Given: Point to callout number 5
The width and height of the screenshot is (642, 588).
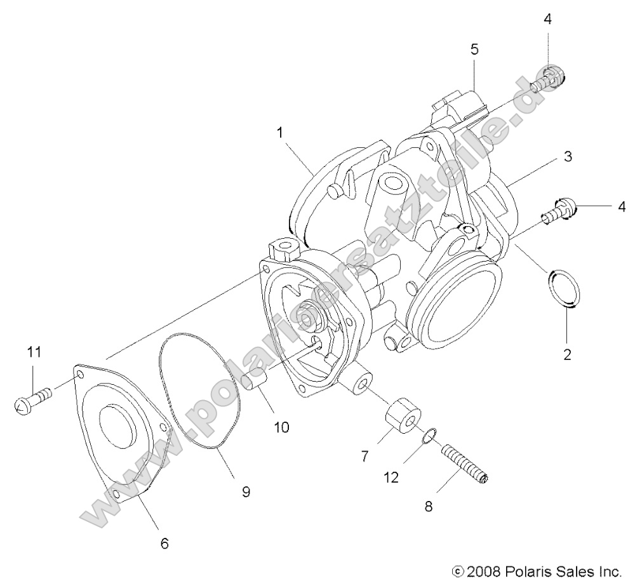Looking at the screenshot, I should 474,49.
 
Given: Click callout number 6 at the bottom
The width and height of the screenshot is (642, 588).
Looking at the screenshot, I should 164,544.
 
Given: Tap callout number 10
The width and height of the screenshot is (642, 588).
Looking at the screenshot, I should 281,427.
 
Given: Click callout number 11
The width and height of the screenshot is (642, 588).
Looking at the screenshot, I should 34,351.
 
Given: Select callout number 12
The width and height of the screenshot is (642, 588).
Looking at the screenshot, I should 391,477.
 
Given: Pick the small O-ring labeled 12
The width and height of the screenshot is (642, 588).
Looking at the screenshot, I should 429,436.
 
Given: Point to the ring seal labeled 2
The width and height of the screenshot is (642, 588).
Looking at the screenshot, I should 565,289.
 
